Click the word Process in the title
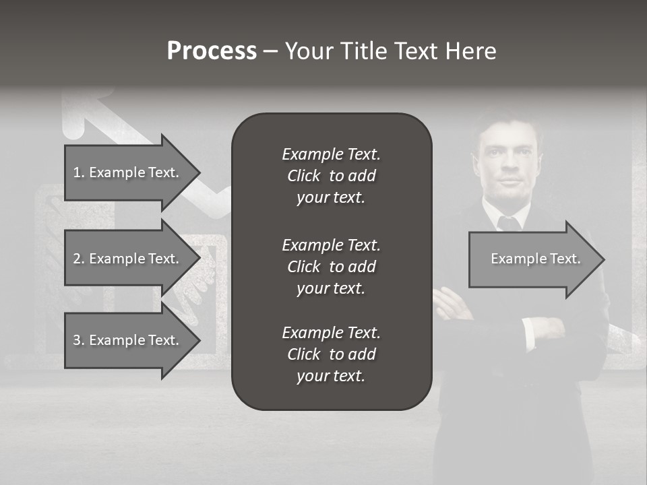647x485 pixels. [x=212, y=51]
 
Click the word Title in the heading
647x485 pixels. [x=364, y=51]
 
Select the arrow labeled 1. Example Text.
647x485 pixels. [x=128, y=172]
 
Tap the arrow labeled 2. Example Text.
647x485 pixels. [x=128, y=259]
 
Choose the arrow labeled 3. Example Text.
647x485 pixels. [x=128, y=340]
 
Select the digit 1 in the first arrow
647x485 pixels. [x=76, y=172]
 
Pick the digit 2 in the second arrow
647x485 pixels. [x=76, y=259]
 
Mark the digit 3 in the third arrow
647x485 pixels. [x=76, y=340]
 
